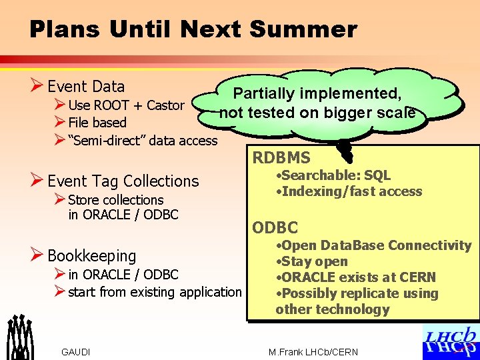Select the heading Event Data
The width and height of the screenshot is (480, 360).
coord(86,87)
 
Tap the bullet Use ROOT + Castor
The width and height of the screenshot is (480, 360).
coord(126,105)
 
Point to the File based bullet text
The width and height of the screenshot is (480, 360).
coord(97,123)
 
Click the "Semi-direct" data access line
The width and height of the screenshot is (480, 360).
coord(143,140)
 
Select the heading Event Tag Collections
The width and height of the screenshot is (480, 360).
coord(123,181)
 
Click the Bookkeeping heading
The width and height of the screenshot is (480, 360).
coord(91,256)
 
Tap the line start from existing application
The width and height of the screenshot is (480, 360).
coord(155,292)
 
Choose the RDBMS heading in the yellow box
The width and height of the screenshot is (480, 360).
coord(281,158)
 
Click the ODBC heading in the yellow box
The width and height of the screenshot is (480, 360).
coord(275,228)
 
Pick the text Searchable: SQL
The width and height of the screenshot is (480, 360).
coord(333,176)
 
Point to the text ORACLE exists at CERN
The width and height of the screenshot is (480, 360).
coord(356,277)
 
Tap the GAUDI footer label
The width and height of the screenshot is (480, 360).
coord(75,352)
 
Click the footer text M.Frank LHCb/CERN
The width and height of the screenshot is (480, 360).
coord(313,352)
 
